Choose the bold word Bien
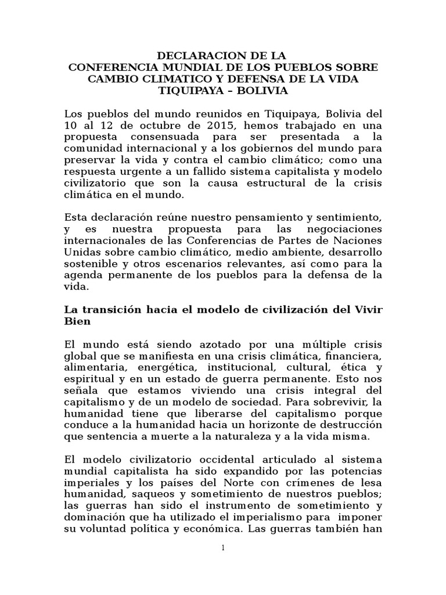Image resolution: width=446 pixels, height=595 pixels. (x=77, y=321)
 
